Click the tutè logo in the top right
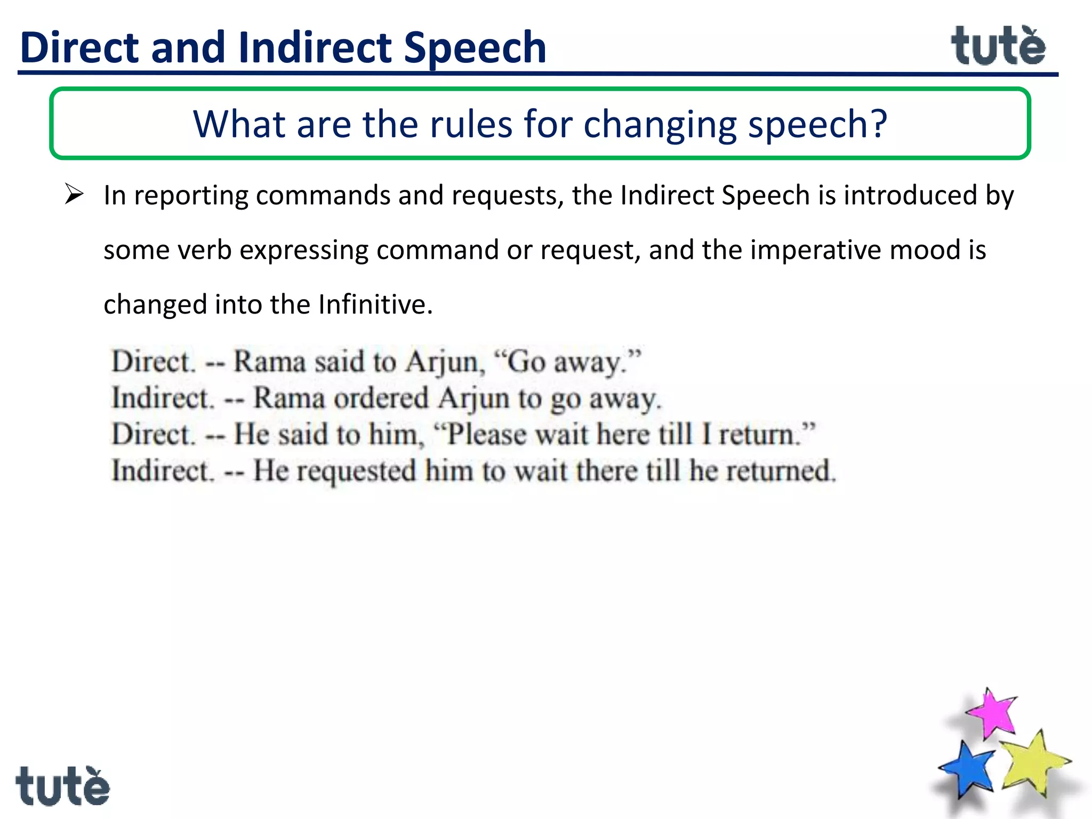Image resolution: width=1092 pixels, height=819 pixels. (x=998, y=47)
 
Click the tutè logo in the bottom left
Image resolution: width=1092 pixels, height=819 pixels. (x=62, y=786)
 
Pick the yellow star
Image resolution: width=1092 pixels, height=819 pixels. (x=1033, y=762)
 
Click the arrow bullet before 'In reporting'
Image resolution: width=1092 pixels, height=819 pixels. (x=74, y=194)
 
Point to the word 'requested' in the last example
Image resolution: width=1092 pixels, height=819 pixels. (x=356, y=471)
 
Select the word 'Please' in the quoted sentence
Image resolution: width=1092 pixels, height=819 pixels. (x=486, y=435)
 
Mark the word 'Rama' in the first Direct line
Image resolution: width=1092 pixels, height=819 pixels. (x=269, y=362)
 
